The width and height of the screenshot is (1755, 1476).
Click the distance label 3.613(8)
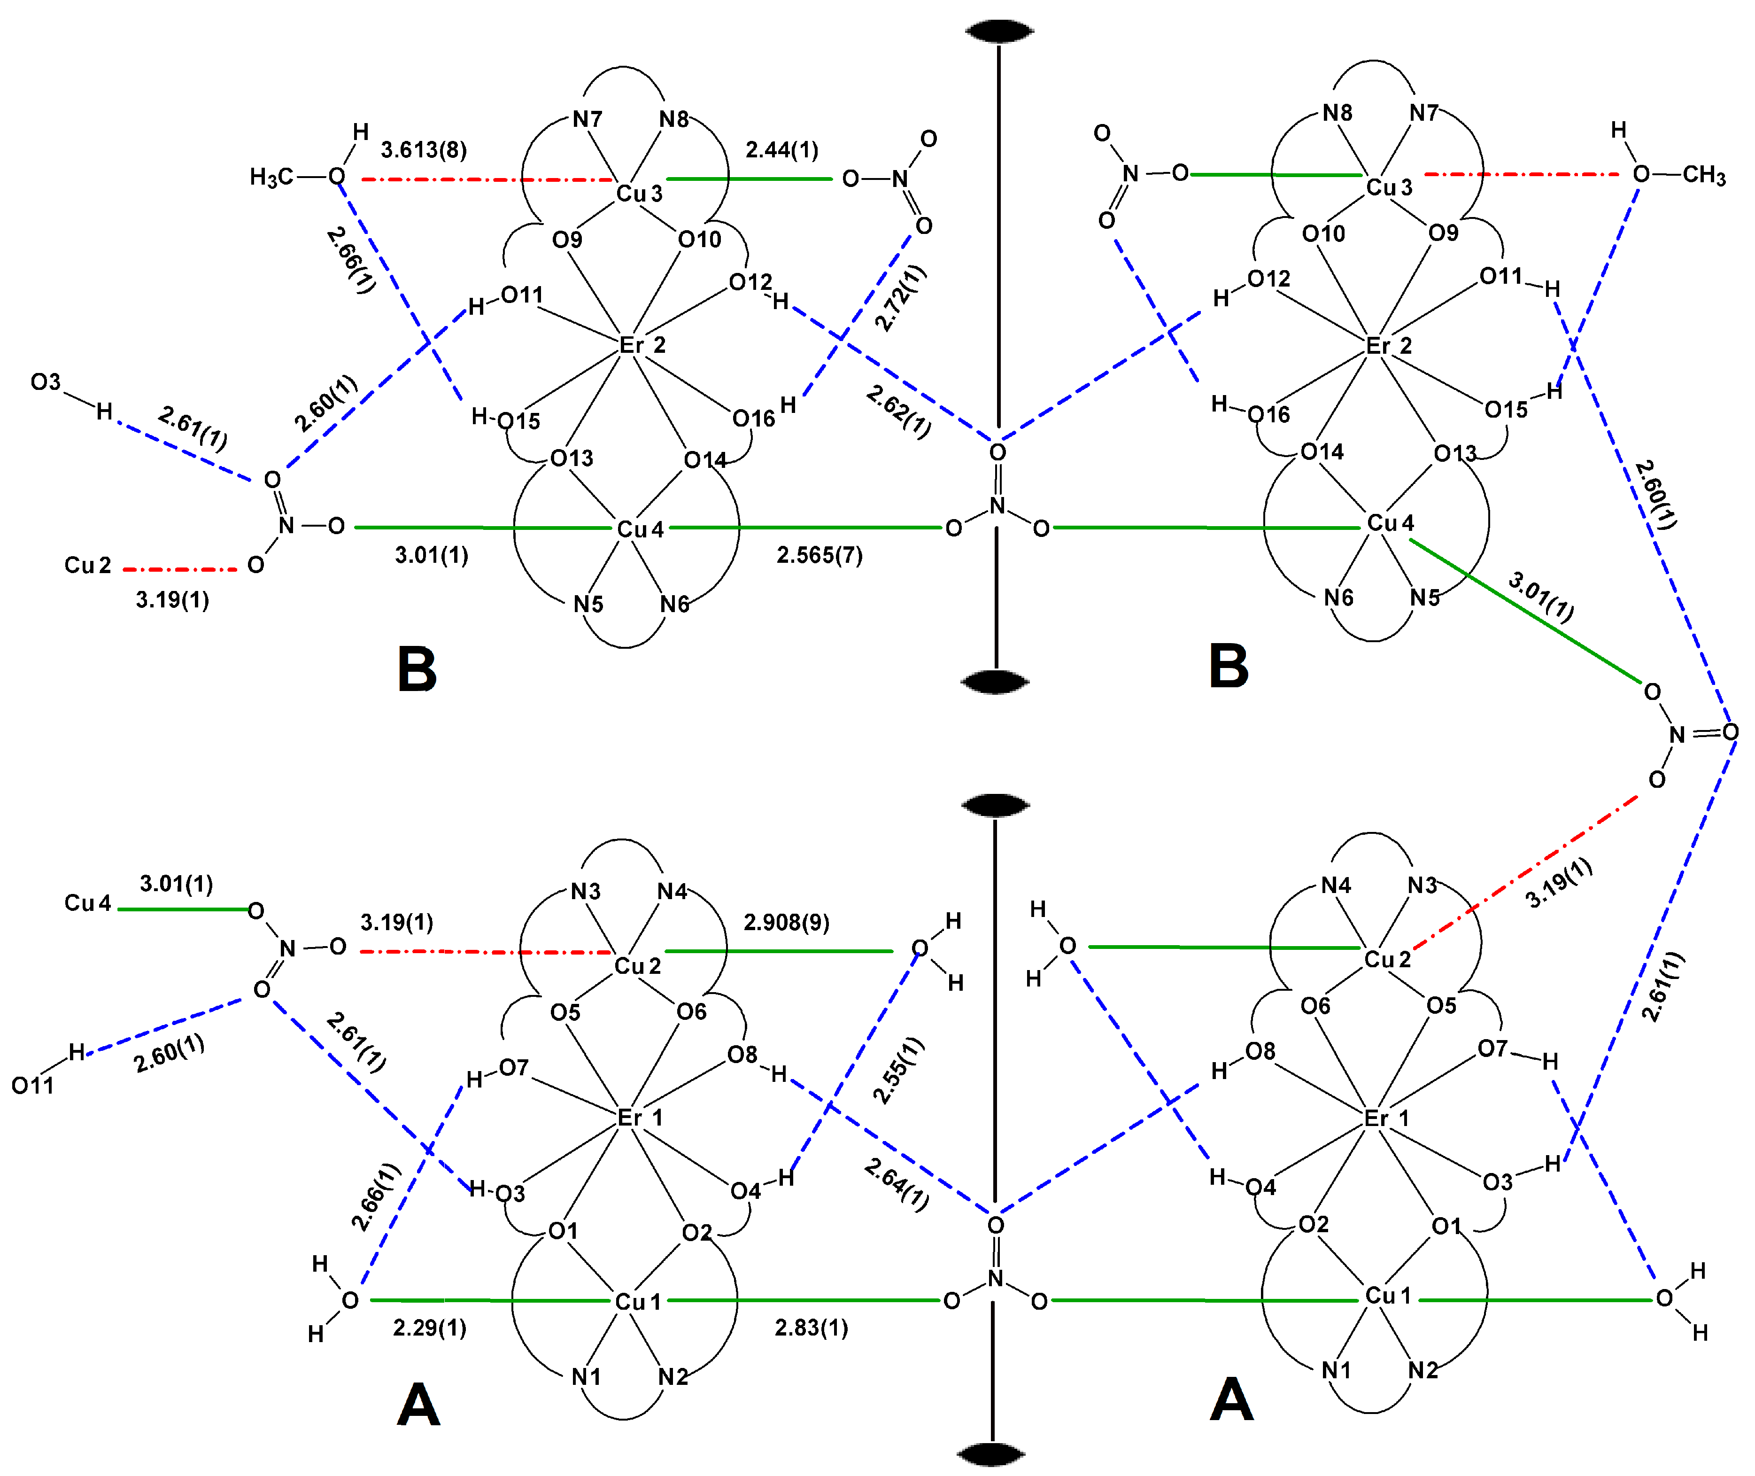point(423,150)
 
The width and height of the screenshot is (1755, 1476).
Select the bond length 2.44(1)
point(781,150)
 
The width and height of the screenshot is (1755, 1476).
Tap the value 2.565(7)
point(819,556)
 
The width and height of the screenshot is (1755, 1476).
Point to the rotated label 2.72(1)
point(900,299)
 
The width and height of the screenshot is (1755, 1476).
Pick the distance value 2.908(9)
point(786,923)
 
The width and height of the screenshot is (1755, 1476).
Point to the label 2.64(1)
point(897,1185)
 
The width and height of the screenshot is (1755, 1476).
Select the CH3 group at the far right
point(1704,175)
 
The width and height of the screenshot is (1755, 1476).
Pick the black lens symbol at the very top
point(999,32)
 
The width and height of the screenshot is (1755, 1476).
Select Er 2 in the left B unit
point(642,345)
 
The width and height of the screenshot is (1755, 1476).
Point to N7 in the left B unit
point(587,120)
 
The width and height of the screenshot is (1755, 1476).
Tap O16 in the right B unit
point(1268,414)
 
